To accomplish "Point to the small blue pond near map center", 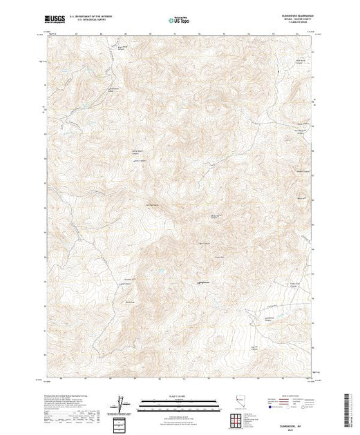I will tap(160, 272).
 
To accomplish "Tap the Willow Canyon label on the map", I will tap(214, 216).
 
